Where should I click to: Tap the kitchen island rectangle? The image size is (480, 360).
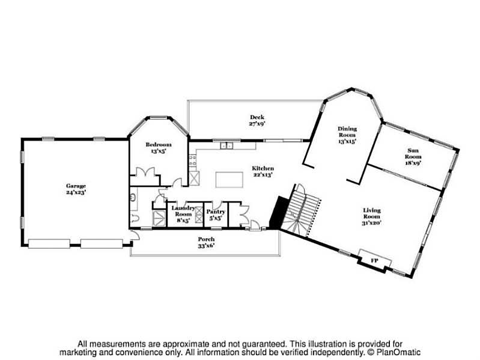(233, 179)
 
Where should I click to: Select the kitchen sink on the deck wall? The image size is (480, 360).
(227, 145)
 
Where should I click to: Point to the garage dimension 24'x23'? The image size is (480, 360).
(76, 194)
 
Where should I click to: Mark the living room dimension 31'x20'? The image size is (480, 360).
(372, 223)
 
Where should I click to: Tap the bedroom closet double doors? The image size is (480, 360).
(146, 173)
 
